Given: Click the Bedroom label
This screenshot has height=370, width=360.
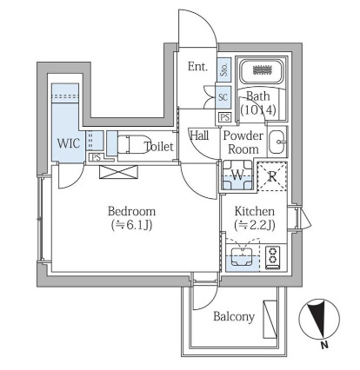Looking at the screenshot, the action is point(131,211).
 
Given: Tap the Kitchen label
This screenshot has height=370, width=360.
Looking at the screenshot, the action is point(255,211).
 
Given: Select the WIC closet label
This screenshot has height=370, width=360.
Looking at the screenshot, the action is point(69,143).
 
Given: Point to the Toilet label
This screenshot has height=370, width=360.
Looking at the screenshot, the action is point(159,147).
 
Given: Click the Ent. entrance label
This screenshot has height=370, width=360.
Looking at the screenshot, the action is point(197,67).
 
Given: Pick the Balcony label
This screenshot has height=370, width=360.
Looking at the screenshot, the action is point(234,317).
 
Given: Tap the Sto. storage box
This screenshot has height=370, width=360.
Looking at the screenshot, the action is point(224,69).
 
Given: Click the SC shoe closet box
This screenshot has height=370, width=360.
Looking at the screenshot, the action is point(223,97).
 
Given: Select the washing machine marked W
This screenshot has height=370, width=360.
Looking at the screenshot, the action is point(237,175).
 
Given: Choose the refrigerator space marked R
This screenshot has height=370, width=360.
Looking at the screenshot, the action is point(272,176).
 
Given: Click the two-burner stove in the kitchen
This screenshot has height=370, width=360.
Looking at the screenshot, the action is point(273,258).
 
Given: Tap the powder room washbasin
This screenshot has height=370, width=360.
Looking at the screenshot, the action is point(277,142).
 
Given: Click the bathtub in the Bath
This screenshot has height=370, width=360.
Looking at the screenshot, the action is point(263,71).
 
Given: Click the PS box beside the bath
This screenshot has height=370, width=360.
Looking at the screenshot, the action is point(225,117).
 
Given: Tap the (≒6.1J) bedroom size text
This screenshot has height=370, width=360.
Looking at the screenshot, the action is point(132,225).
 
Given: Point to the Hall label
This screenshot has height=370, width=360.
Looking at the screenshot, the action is point(199,135).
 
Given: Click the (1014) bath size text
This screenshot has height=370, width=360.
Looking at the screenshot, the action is point(258,109).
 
